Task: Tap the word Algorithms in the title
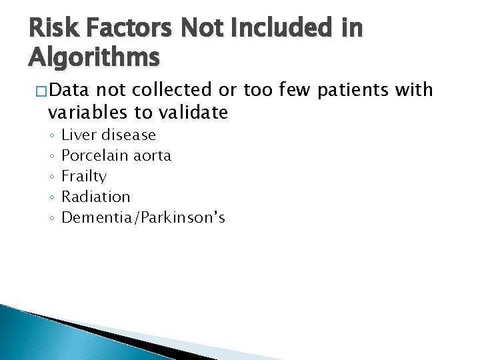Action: click(94, 58)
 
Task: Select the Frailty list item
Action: click(84, 176)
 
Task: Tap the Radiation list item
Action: click(95, 197)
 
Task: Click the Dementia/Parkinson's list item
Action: click(143, 217)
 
